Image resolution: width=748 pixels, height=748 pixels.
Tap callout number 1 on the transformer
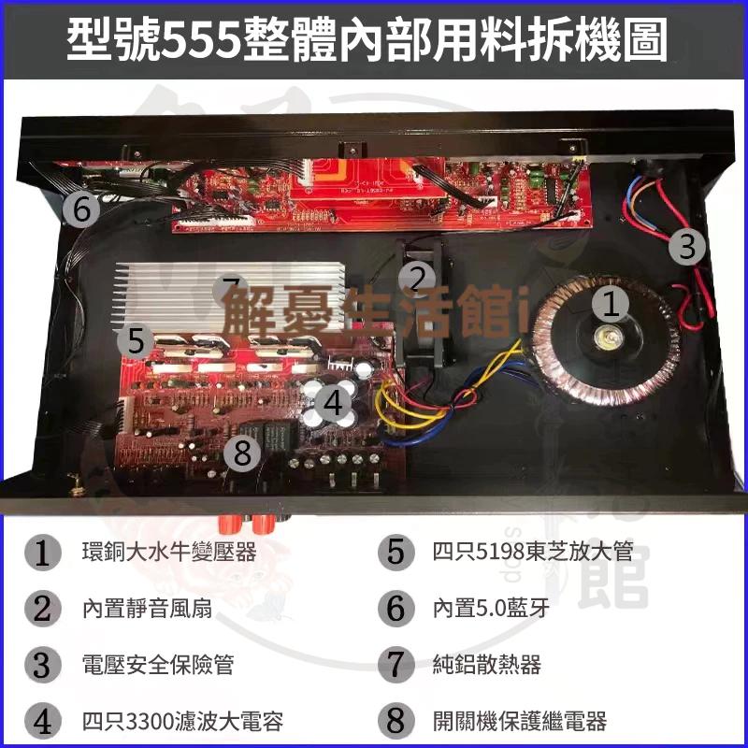610,304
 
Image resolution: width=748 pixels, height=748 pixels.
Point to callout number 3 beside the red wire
688,247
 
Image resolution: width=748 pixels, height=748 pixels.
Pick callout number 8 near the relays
243,453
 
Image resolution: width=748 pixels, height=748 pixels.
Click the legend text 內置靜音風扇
146,609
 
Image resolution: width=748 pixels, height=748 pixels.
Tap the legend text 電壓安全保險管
157,665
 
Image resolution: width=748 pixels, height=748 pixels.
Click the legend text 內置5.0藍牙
491,609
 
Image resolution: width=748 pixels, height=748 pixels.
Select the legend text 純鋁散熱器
487,665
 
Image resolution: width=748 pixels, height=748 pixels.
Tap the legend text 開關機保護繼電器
520,721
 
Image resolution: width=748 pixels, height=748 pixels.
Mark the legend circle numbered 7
396,665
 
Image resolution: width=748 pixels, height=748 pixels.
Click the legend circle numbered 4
43,721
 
